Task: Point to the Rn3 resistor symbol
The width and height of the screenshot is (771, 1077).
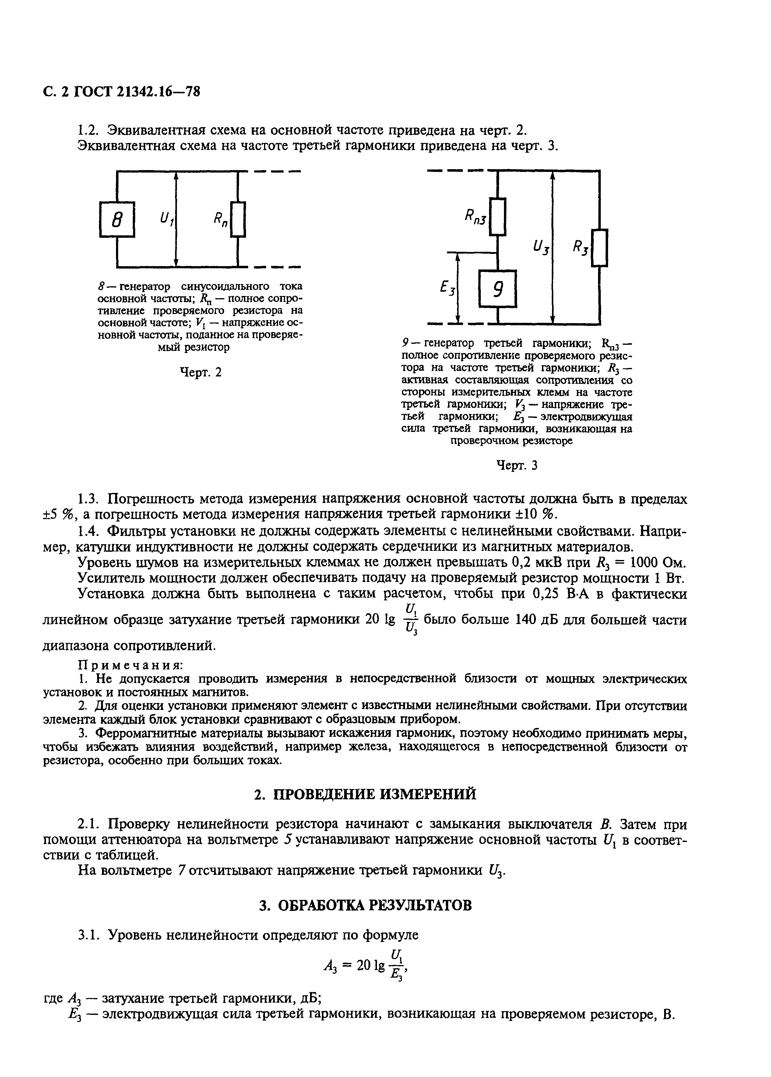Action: [x=497, y=216]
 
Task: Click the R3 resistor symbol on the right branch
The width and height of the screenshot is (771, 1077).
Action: [x=600, y=248]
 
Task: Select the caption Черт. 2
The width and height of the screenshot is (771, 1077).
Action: [x=200, y=372]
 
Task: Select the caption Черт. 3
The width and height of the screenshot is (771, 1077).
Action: [x=517, y=465]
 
